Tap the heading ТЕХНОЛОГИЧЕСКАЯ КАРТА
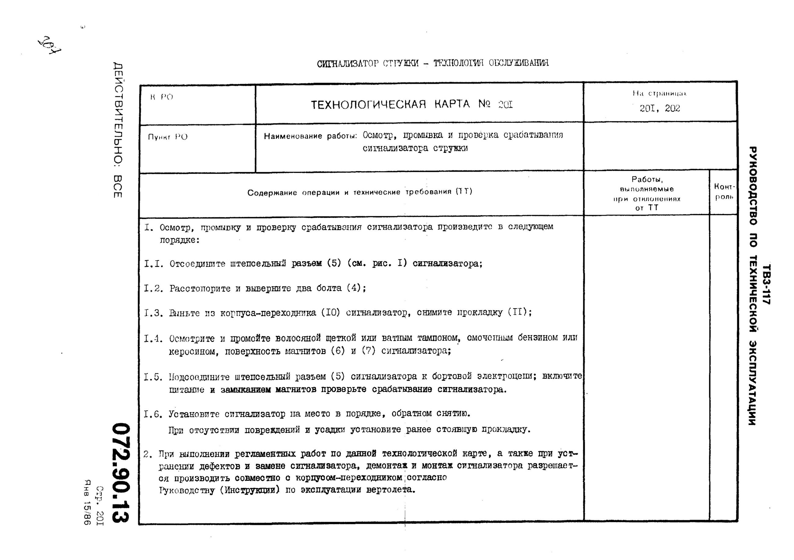tap(390, 104)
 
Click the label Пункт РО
tap(168, 137)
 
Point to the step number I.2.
tap(153, 288)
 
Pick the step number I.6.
tap(153, 414)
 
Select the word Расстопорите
tap(200, 288)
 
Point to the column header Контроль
tap(724, 192)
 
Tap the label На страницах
tap(659, 93)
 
